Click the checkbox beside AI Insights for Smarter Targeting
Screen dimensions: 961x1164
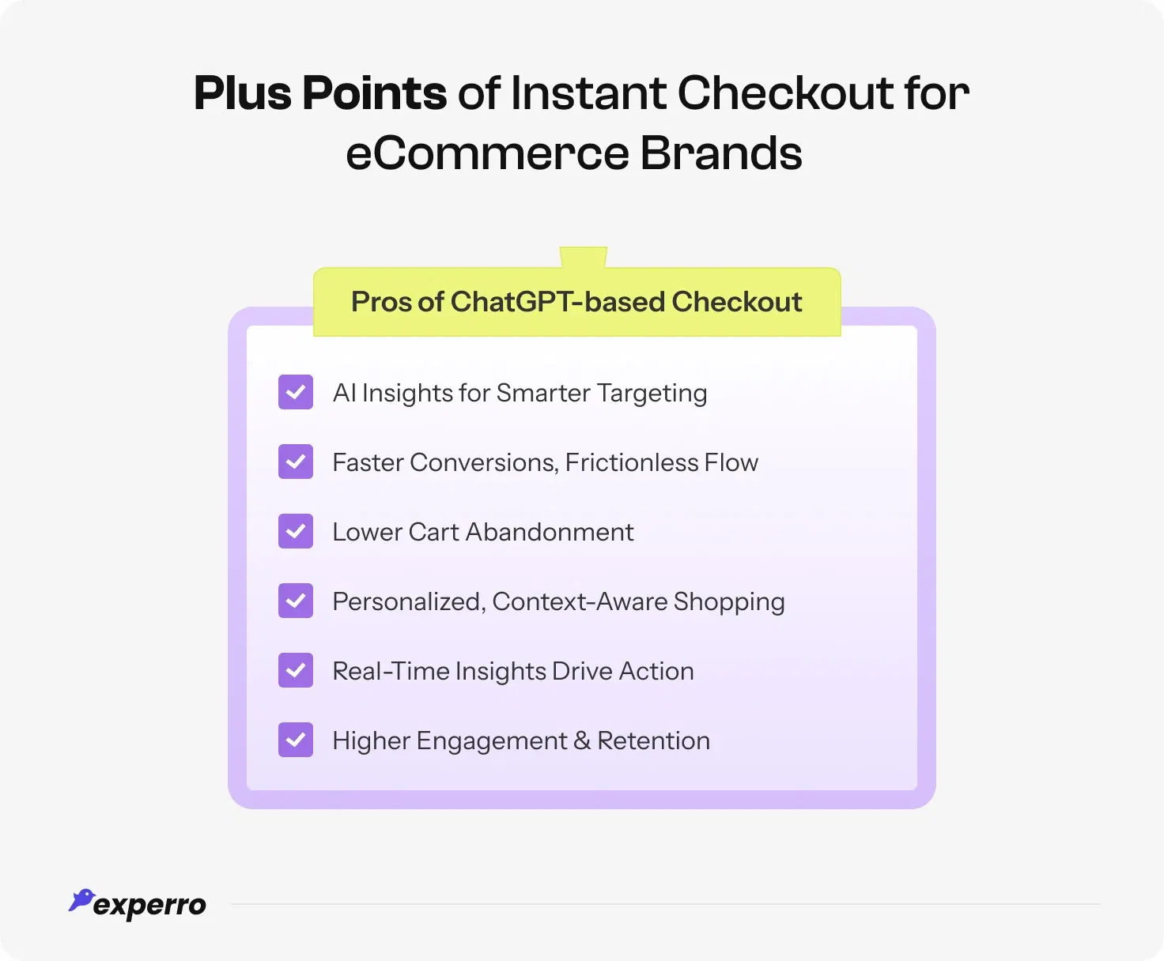click(296, 392)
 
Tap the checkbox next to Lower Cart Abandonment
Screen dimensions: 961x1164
click(296, 531)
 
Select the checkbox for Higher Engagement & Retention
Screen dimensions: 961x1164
click(296, 740)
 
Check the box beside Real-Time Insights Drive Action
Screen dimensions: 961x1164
click(296, 670)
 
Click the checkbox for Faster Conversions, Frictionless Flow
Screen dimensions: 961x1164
click(296, 462)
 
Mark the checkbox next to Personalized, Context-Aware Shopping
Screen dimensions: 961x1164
click(296, 601)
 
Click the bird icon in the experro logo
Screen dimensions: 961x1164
click(81, 899)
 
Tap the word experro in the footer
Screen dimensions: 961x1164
click(149, 906)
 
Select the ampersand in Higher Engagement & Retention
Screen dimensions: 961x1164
click(582, 741)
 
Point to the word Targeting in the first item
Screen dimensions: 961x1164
click(652, 394)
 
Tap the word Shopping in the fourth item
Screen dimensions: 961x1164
click(729, 602)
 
